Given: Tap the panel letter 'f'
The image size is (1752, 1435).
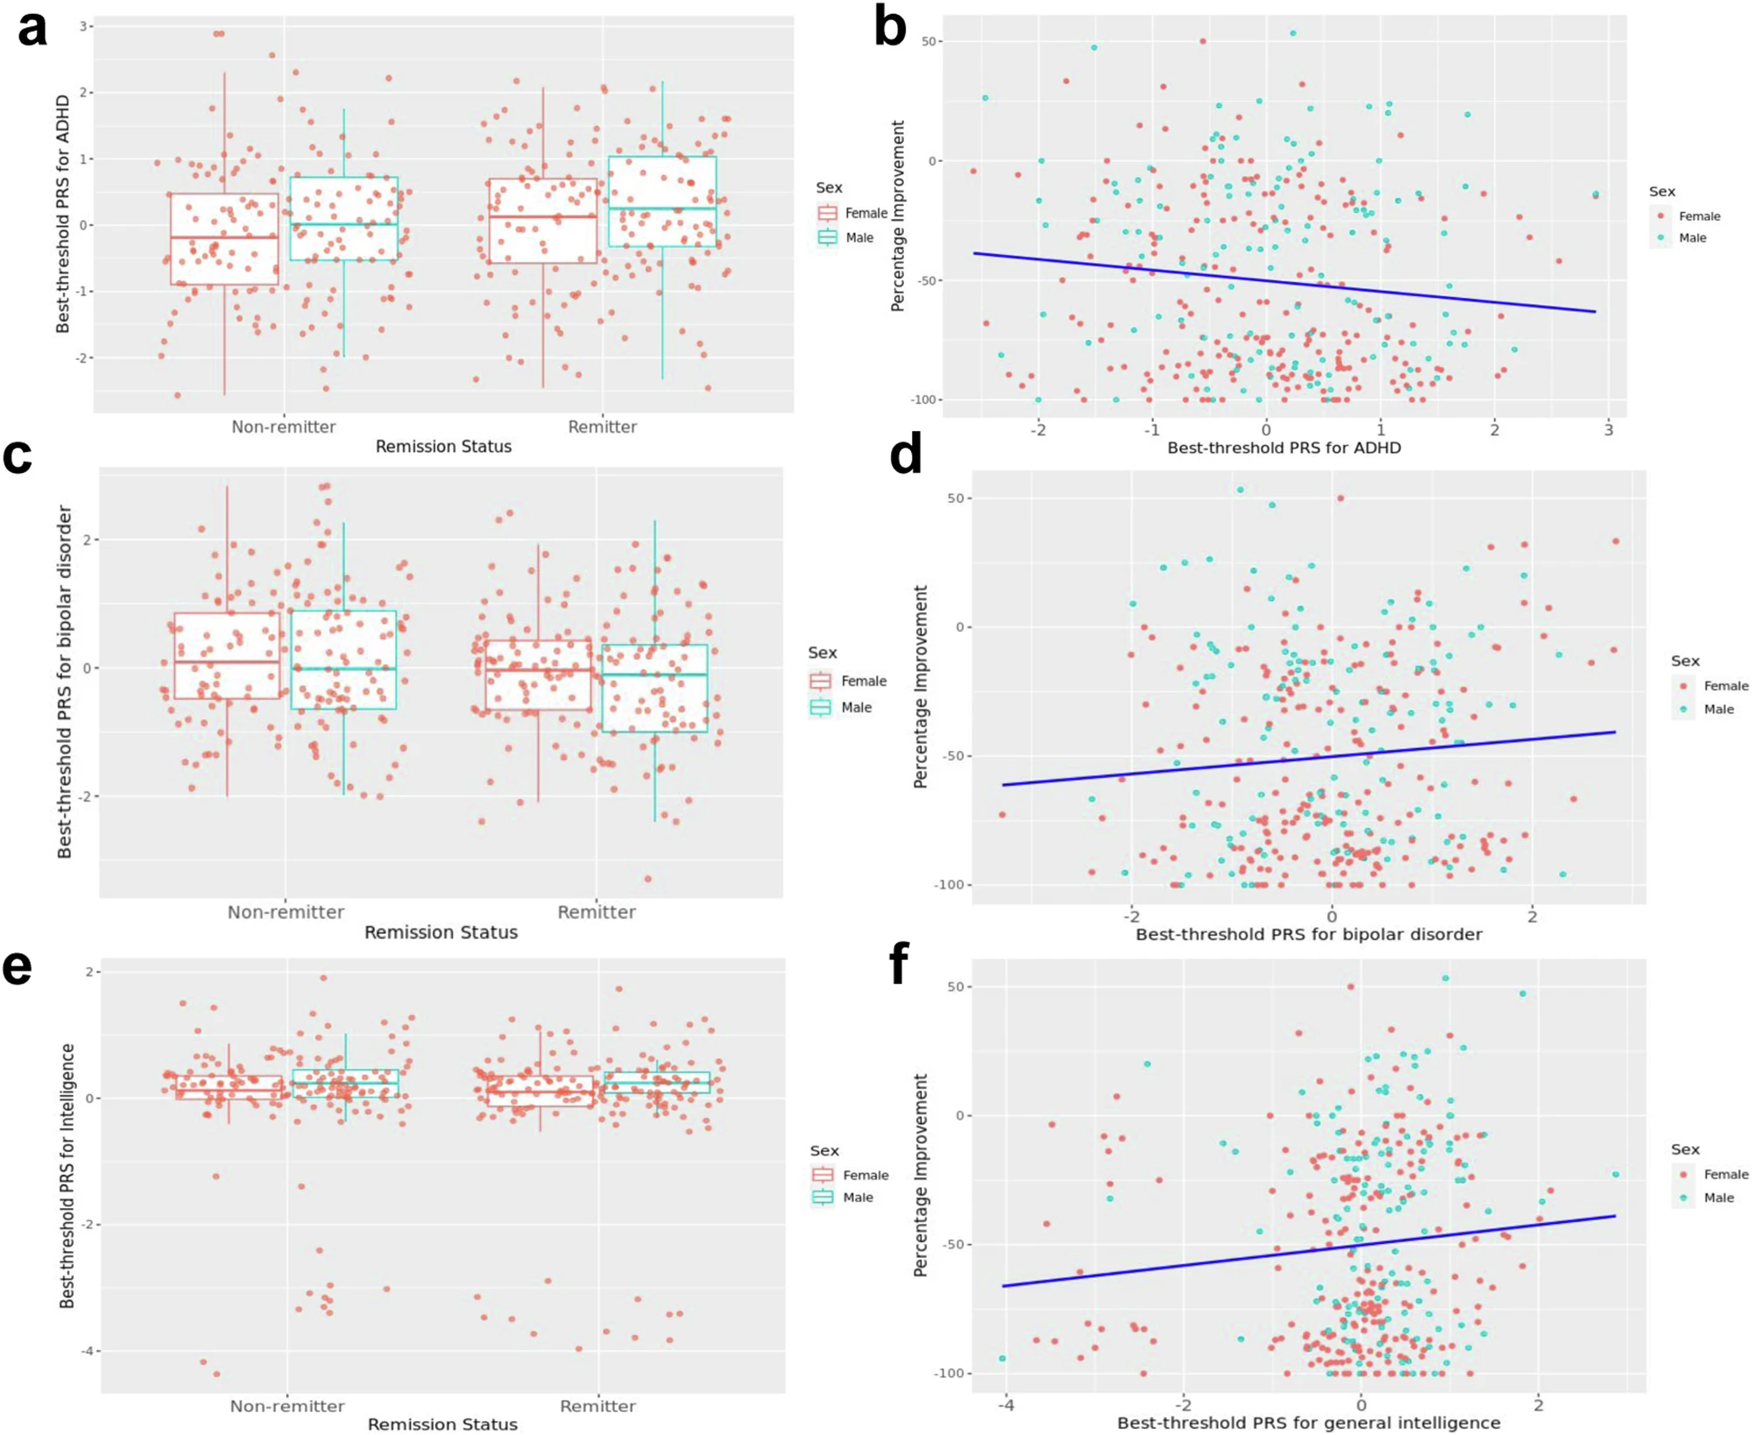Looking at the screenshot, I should pyautogui.click(x=899, y=964).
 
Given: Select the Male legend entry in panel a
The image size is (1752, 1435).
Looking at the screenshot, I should pyautogui.click(x=858, y=237).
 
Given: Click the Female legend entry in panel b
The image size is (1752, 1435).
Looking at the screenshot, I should pyautogui.click(x=1699, y=216).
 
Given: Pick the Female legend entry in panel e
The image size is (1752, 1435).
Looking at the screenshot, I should pyautogui.click(x=865, y=1175).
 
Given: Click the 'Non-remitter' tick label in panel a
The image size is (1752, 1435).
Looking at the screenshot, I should pyautogui.click(x=283, y=427).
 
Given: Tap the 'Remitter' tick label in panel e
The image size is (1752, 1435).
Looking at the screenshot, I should pyautogui.click(x=597, y=1406).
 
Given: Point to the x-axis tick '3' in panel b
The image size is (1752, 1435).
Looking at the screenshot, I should pyautogui.click(x=1608, y=429).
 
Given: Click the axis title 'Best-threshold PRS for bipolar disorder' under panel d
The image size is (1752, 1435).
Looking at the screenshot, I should pyautogui.click(x=1309, y=934).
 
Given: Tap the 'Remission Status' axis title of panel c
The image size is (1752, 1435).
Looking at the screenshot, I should pyautogui.click(x=441, y=932).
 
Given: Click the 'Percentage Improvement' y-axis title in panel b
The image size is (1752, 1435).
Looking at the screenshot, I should pyautogui.click(x=898, y=216).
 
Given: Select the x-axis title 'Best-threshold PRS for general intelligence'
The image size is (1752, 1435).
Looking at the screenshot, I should pyautogui.click(x=1308, y=1423).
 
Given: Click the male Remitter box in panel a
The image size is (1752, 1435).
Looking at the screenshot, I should pyautogui.click(x=662, y=201).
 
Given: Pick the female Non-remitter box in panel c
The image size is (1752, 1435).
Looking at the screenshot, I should pyautogui.click(x=227, y=655).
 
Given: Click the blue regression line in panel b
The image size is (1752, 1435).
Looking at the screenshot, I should pyautogui.click(x=1283, y=282).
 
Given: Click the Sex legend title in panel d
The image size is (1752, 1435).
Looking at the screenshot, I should pyautogui.click(x=1685, y=661).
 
